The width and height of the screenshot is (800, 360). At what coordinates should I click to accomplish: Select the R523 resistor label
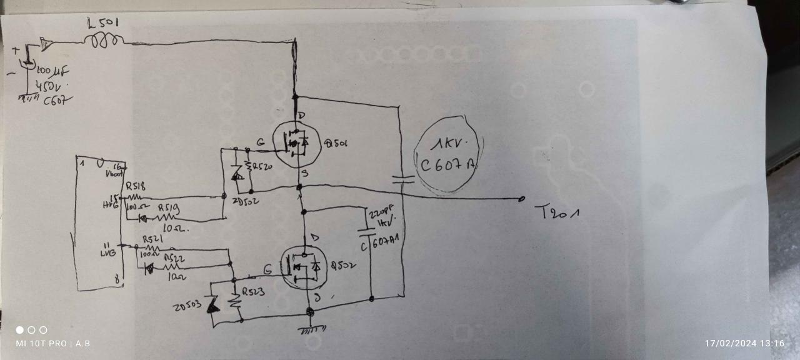tap(254, 291)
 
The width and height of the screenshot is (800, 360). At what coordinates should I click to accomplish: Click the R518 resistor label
tap(135, 186)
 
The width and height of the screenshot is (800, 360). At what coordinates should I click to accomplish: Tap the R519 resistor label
tap(168, 207)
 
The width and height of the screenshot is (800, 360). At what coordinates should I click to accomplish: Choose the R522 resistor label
tap(174, 257)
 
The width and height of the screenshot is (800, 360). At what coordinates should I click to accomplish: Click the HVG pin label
tap(110, 204)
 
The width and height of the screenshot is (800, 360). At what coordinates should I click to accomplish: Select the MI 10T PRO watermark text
tap(41, 343)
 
